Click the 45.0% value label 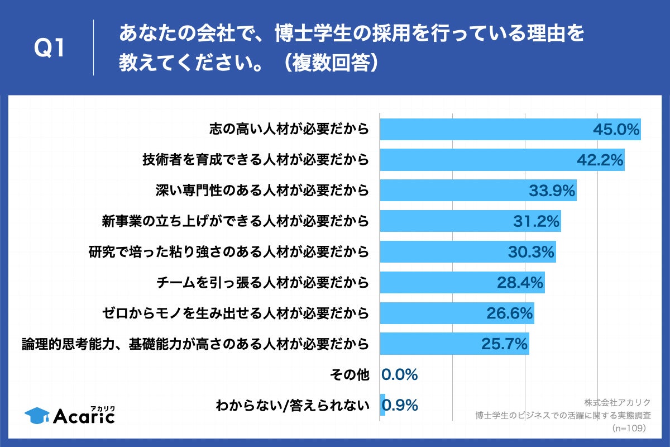click(x=615, y=130)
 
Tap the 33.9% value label click(x=552, y=191)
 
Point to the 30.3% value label click(x=531, y=252)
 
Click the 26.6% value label click(x=510, y=313)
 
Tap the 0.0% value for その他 click(x=400, y=374)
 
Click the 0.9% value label click(x=403, y=405)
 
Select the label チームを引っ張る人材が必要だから click(x=262, y=282)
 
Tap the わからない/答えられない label click(x=293, y=405)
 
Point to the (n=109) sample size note click(x=629, y=428)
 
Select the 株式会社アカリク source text click(x=618, y=402)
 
